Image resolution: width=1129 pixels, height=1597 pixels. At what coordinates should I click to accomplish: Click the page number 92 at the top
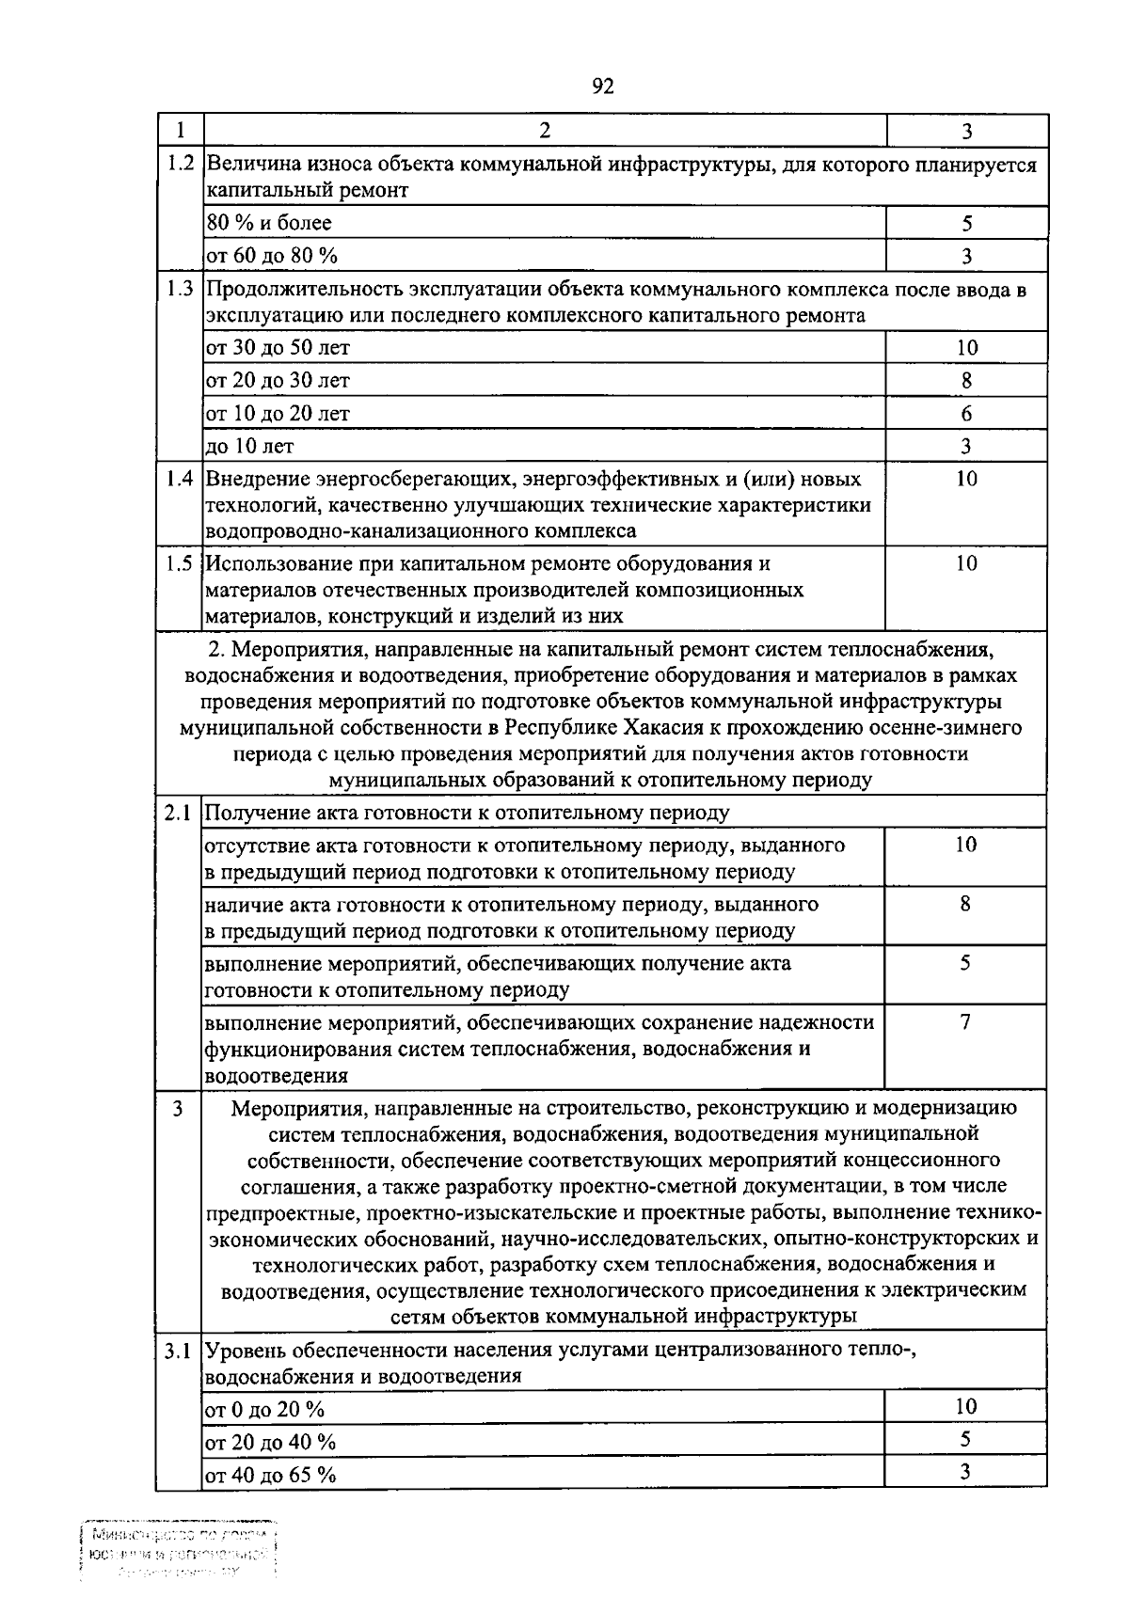603,87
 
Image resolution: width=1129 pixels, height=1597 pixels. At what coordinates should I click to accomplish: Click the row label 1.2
180,164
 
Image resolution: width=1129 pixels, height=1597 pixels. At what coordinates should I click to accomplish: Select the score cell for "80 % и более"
966,224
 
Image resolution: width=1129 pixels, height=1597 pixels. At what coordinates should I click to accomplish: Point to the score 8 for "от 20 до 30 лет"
966,381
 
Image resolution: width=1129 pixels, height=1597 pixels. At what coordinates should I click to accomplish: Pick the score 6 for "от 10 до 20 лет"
966,414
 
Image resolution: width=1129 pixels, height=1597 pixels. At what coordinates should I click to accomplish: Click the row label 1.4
180,479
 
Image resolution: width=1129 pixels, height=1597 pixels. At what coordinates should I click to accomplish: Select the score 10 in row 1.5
966,563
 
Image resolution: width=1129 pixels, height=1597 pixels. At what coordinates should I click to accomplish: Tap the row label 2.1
178,814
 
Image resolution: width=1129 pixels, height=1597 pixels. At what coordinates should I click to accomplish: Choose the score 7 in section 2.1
965,1022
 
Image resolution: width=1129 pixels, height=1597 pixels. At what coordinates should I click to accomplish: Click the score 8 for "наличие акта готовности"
965,905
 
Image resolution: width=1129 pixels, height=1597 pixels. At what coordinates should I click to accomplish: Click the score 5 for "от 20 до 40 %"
965,1440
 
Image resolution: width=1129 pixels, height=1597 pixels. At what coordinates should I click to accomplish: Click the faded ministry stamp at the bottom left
179,1551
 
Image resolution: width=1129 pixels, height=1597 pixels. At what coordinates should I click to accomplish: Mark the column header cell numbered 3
966,131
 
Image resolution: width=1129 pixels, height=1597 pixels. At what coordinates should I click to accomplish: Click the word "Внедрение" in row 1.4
251,479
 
